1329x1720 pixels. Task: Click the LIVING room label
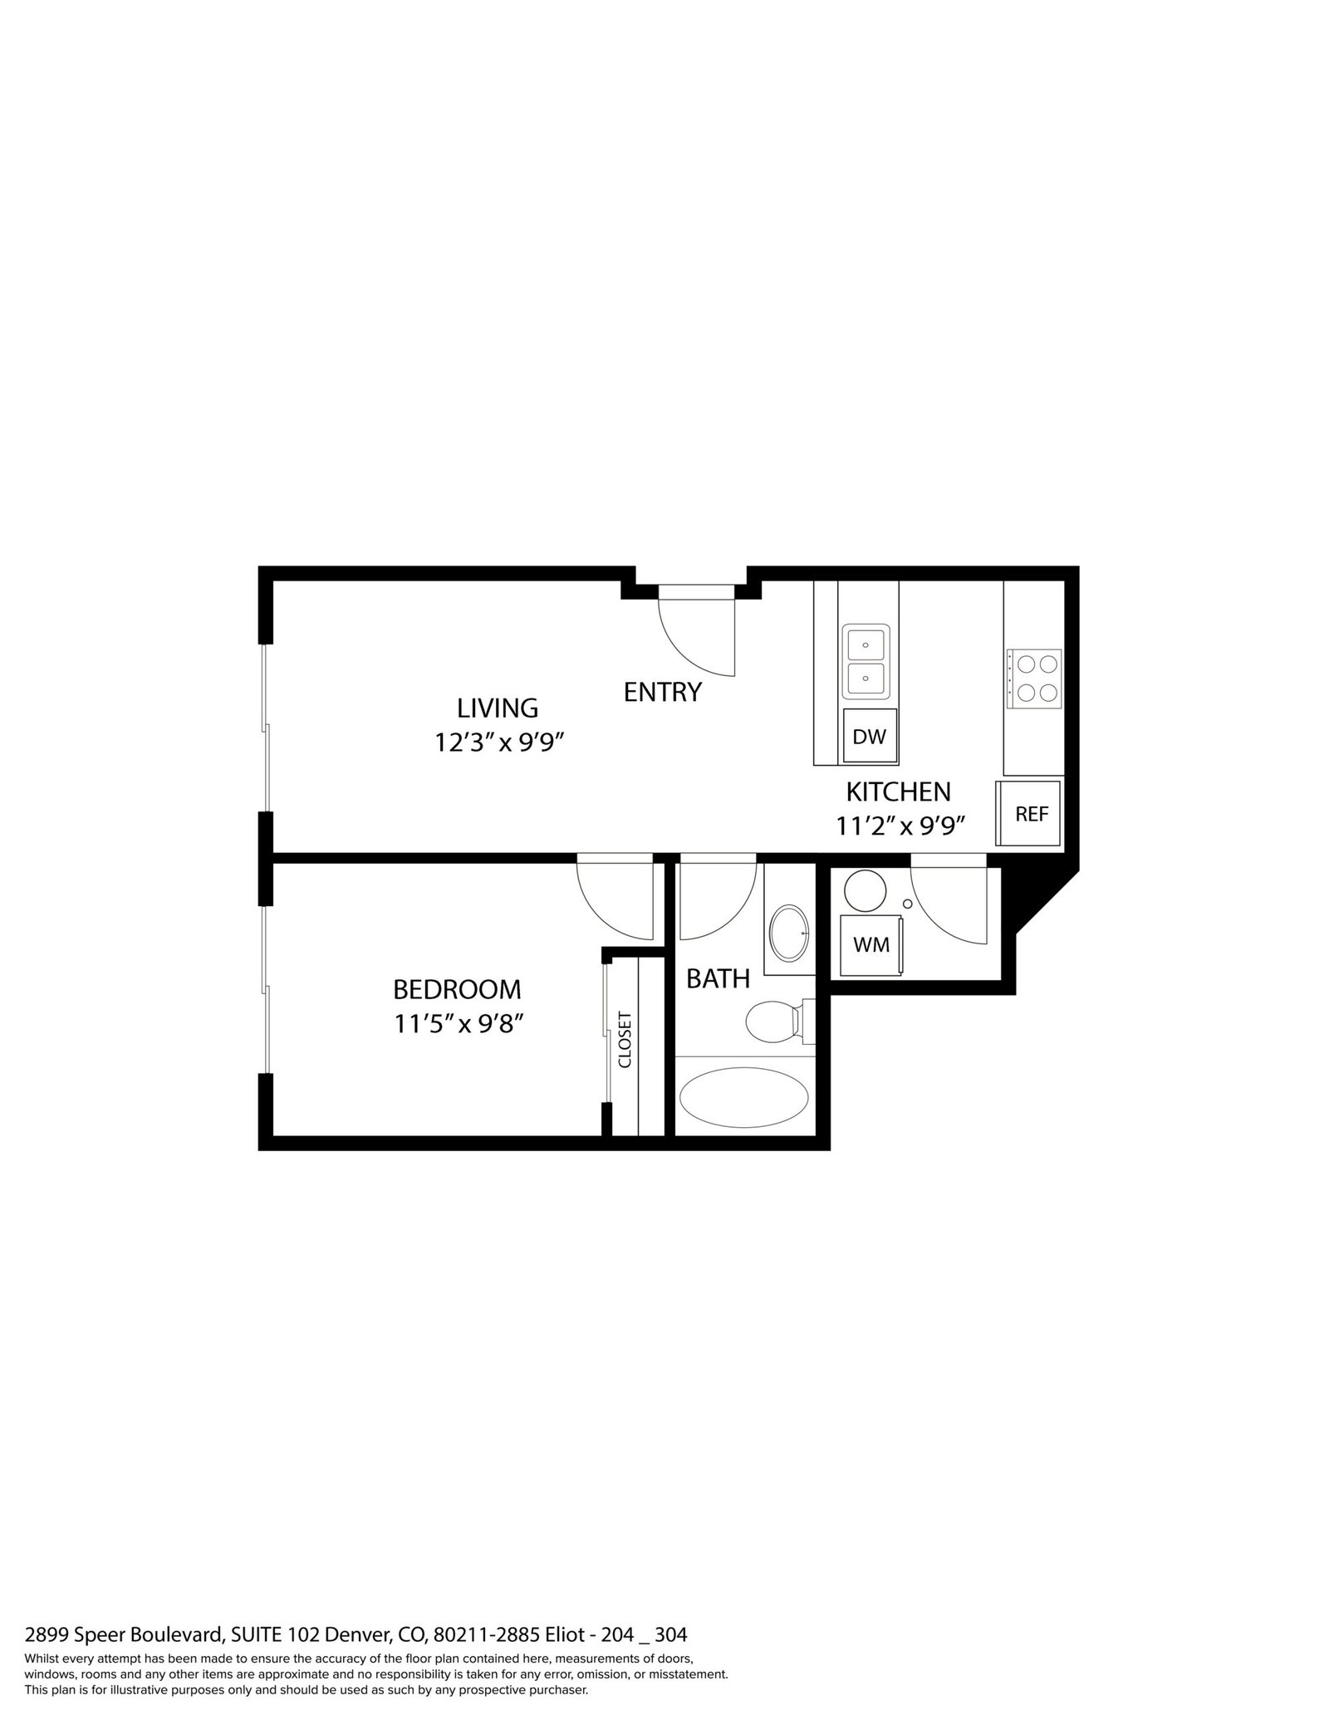pyautogui.click(x=498, y=708)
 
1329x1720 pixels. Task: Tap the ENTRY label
pyautogui.click(x=662, y=692)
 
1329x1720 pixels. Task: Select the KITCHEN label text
pyautogui.click(x=898, y=791)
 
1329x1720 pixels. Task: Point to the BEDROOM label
pyautogui.click(x=457, y=989)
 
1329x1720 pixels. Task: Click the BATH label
pyautogui.click(x=718, y=979)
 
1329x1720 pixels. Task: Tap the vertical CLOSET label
pyautogui.click(x=625, y=1039)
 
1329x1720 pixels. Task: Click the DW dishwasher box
pyautogui.click(x=870, y=736)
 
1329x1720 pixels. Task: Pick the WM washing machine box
pyautogui.click(x=871, y=944)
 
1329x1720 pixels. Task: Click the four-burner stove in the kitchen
pyautogui.click(x=1034, y=678)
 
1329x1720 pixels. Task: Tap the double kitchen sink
pyautogui.click(x=866, y=662)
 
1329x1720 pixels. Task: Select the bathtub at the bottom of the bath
pyautogui.click(x=743, y=1096)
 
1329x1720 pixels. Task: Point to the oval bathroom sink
pyautogui.click(x=789, y=933)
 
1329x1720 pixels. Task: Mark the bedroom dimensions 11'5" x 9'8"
pyautogui.click(x=459, y=1024)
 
